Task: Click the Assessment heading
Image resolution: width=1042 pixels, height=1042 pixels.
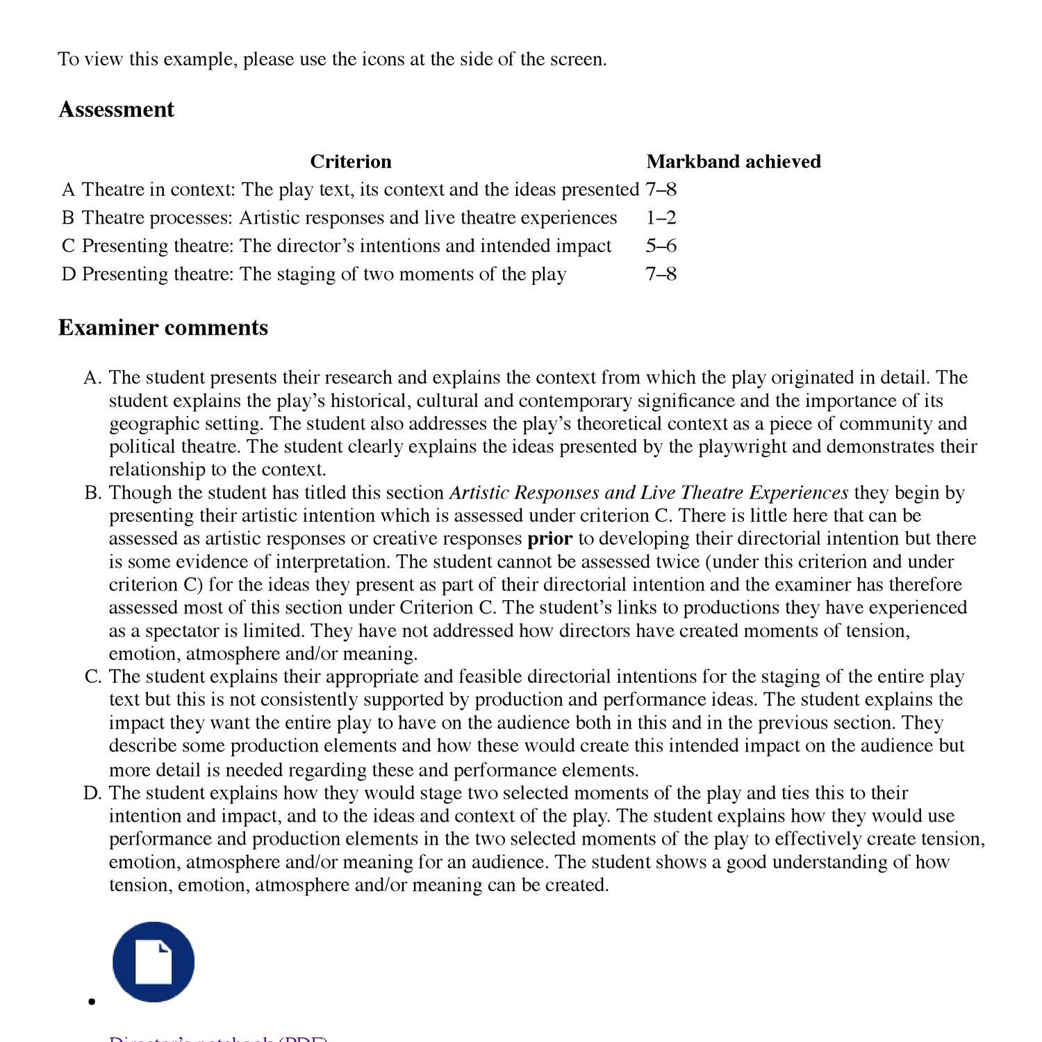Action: click(x=116, y=110)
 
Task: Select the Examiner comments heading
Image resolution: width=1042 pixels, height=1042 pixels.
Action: click(x=163, y=328)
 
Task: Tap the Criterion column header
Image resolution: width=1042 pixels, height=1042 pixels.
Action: click(x=350, y=162)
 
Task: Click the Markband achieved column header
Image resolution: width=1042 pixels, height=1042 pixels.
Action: click(x=733, y=162)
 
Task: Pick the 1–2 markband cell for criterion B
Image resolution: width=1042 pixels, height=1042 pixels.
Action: click(x=661, y=218)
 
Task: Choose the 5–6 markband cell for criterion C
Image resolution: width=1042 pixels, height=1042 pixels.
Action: click(x=661, y=246)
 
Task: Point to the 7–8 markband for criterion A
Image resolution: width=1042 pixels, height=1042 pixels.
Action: click(x=661, y=190)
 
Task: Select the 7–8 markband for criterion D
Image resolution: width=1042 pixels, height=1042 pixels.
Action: click(x=661, y=274)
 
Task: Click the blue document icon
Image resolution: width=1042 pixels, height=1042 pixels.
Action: click(x=154, y=961)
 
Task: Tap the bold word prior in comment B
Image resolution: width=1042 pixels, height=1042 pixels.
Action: click(x=549, y=539)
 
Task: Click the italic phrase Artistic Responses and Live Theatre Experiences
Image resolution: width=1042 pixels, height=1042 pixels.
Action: click(x=649, y=493)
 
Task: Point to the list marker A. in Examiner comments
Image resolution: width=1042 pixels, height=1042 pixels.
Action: click(x=92, y=378)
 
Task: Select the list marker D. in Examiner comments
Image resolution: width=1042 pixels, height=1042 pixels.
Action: click(x=92, y=793)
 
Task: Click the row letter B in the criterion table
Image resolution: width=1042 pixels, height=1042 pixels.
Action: click(x=67, y=218)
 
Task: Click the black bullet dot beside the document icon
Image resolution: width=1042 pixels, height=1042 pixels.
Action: click(x=91, y=1001)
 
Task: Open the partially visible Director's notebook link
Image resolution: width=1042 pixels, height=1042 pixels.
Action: click(x=217, y=1039)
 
